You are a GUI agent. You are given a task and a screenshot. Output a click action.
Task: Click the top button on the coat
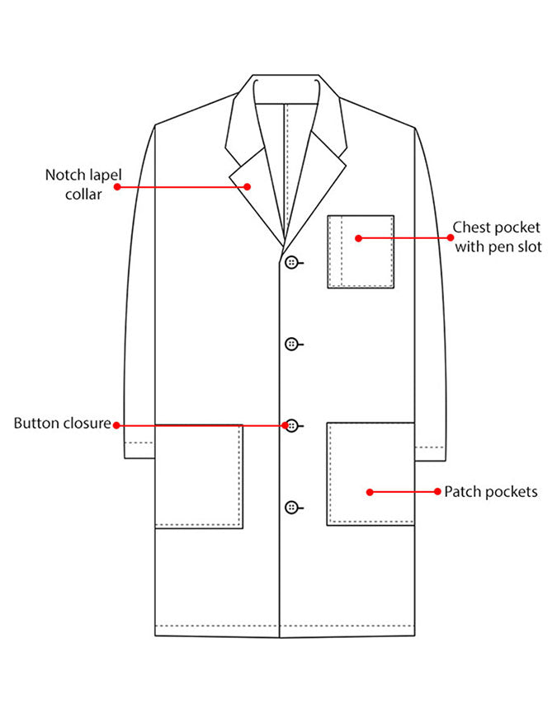[291, 262]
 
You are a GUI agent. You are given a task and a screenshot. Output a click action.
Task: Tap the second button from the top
[291, 344]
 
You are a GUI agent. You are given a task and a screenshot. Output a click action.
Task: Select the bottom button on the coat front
[291, 507]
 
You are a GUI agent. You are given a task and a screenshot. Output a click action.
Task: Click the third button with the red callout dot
[292, 426]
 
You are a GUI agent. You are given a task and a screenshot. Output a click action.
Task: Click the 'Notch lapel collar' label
[83, 185]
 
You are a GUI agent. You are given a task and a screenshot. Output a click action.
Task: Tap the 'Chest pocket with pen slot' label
[498, 237]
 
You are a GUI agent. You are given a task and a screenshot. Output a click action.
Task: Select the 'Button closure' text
[63, 423]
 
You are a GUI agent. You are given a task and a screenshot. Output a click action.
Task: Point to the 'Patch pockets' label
[491, 492]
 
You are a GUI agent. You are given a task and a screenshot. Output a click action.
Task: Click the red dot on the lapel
[248, 186]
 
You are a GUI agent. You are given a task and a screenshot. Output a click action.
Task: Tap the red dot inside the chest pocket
[358, 238]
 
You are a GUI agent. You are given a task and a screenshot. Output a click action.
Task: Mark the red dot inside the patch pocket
[370, 492]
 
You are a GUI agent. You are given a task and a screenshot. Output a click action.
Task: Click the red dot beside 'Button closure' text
[116, 425]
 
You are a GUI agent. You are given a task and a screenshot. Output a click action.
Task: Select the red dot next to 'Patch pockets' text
[437, 491]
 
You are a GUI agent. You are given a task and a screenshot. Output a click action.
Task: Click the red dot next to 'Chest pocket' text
[451, 237]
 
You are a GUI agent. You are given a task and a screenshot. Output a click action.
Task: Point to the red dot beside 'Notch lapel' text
[117, 186]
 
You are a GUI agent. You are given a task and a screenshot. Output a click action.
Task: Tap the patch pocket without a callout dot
[199, 476]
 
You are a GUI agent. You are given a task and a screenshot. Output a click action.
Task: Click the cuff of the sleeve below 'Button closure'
[139, 450]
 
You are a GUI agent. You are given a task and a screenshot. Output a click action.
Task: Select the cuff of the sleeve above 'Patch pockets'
[430, 453]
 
